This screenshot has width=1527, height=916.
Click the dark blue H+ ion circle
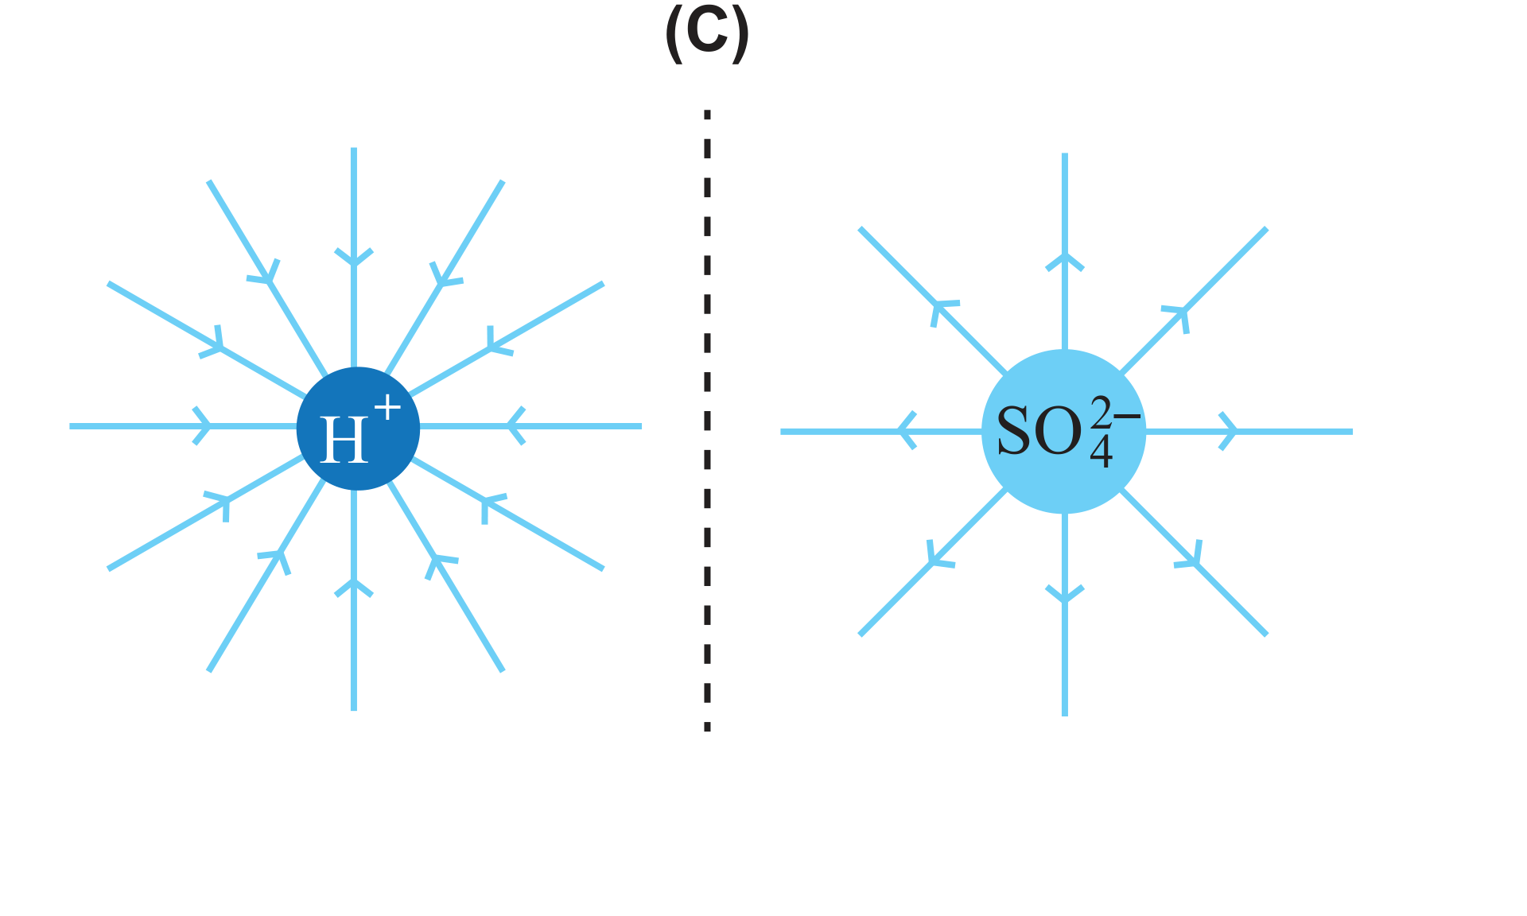pos(358,429)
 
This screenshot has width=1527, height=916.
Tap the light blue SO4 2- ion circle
pos(1064,432)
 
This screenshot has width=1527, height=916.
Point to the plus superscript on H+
pos(387,407)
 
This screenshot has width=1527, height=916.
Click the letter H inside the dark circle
pos(344,439)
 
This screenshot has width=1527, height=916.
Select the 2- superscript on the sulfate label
pos(1116,414)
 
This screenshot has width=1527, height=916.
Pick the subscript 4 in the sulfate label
pos(1101,452)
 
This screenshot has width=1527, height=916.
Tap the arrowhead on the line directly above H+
pos(354,257)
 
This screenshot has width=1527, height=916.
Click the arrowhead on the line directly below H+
pos(354,588)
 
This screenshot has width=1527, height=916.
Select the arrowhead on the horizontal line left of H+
pos(203,426)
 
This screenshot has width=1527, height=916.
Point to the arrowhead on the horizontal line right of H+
pos(516,426)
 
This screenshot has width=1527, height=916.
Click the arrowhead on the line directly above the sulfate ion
pos(1065,262)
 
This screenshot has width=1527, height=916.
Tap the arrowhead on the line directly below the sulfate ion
pos(1065,594)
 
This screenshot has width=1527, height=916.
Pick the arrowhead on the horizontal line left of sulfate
pos(907,432)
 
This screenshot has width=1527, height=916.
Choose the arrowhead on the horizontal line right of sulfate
pos(1229,432)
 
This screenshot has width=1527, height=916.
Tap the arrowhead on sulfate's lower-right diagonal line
pos(1190,554)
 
